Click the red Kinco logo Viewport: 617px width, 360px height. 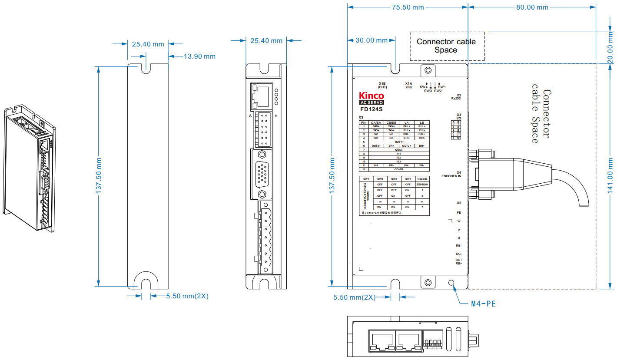click(371, 96)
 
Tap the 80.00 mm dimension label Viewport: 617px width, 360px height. click(532, 7)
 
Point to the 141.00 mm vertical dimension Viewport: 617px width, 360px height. click(611, 175)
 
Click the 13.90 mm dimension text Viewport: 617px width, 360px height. click(199, 56)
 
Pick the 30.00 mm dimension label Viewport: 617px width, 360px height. click(372, 40)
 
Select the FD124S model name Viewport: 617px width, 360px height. click(371, 110)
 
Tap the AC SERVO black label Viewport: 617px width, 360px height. click(371, 103)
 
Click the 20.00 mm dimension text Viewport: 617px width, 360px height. click(611, 50)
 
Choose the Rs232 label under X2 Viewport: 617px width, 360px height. click(456, 99)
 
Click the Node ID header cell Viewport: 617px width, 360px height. click(422, 179)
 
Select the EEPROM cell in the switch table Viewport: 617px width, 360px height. click(422, 185)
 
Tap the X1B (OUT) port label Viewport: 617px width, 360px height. click(382, 85)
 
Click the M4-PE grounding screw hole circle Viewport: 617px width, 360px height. click(451, 284)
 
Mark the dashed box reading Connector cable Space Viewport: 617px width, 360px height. click(447, 46)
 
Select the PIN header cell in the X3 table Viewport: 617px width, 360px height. click(364, 122)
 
